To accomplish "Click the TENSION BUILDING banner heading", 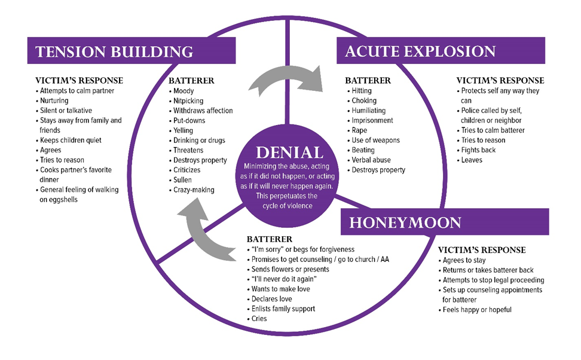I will pyautogui.click(x=114, y=51).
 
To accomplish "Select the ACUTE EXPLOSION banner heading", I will pyautogui.click(x=420, y=51).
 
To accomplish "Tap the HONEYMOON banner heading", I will pyautogui.click(x=405, y=222).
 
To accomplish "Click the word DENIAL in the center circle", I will pyautogui.click(x=289, y=152).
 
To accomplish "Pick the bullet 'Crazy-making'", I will pyautogui.click(x=193, y=190).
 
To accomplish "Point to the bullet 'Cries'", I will pyautogui.click(x=259, y=319).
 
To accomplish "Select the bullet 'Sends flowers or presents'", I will pyautogui.click(x=290, y=269).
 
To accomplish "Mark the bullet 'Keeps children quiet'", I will pyautogui.click(x=71, y=140).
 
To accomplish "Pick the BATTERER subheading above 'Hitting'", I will pyautogui.click(x=368, y=80).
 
